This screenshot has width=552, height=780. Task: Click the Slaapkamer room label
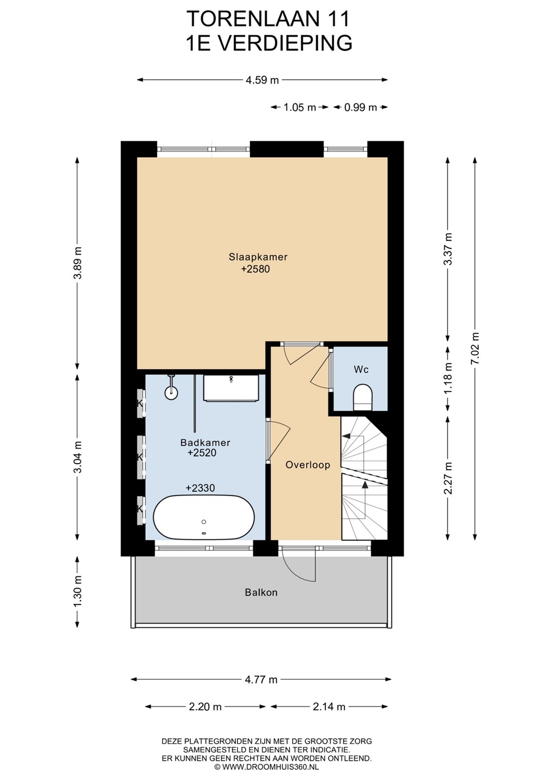click(x=258, y=257)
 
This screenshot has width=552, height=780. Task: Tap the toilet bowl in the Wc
click(x=363, y=397)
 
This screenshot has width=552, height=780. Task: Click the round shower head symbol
click(x=171, y=392)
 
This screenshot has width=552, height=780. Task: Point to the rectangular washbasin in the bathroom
click(x=230, y=388)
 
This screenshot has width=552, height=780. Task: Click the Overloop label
click(x=307, y=465)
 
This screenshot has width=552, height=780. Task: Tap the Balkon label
click(x=261, y=593)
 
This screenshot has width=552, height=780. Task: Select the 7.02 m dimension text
click(x=475, y=348)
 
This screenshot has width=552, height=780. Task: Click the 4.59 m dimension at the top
click(x=262, y=80)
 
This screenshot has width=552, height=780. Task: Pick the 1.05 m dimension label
click(x=300, y=107)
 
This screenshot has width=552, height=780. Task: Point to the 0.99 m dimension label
click(x=361, y=107)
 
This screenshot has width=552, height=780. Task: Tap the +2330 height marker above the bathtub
click(x=200, y=488)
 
